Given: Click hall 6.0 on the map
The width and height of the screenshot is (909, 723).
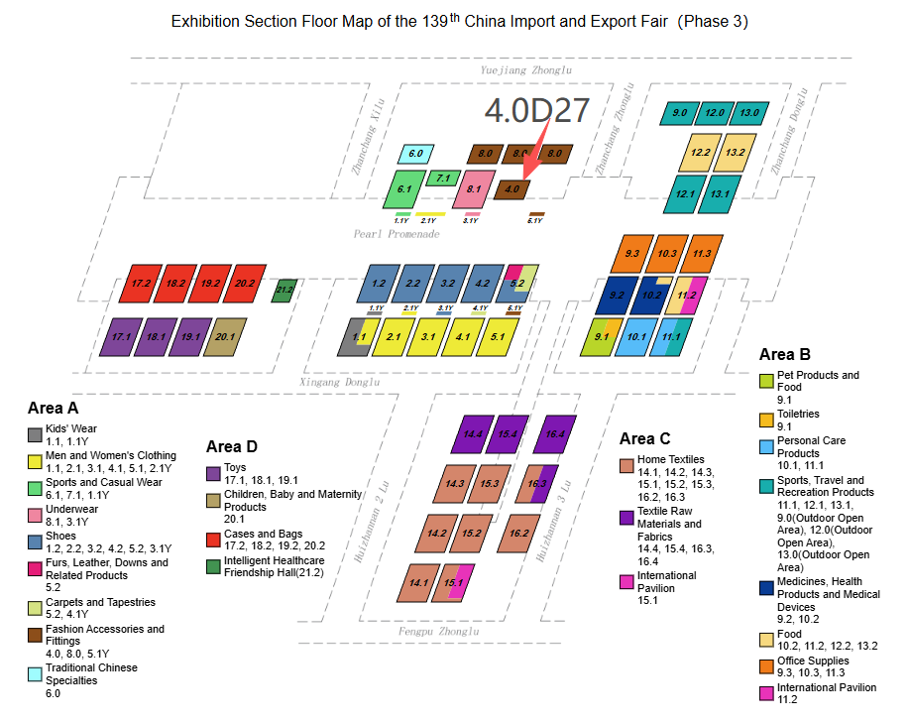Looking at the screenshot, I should (415, 154).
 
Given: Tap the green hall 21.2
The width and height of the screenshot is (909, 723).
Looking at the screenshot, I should (284, 290).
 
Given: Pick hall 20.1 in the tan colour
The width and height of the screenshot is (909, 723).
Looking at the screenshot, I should (225, 336).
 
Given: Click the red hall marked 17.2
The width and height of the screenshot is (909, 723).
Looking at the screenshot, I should (141, 283).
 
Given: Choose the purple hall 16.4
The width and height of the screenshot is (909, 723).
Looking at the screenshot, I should (554, 433).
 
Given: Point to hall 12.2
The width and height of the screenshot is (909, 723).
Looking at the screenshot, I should (701, 153).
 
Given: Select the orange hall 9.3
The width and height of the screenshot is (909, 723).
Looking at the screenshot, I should (631, 254).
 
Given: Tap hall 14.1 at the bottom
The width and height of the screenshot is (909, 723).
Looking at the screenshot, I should (417, 582).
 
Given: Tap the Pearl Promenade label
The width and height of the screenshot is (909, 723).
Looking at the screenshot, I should (396, 234).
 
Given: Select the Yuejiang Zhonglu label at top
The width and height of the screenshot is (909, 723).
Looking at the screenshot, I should (525, 70).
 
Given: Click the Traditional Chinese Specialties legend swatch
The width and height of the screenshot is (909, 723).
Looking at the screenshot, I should (35, 674).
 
